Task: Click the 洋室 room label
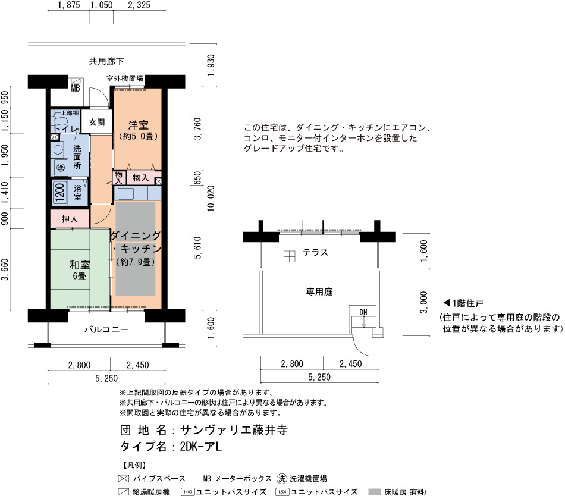139,125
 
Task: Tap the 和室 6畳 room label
80,270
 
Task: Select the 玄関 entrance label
96,122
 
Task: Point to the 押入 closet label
70,219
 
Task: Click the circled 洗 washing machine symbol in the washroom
61,168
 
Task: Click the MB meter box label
76,88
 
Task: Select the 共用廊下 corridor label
106,61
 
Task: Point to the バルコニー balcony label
106,329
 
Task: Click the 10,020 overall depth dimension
211,198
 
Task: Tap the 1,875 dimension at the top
68,5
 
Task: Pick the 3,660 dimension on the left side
5,269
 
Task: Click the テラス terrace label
315,253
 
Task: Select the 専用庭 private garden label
319,291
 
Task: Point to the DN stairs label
363,312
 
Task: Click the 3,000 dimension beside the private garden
424,303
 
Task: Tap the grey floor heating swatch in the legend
374,492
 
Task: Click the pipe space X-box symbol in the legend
124,479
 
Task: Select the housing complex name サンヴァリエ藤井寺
234,430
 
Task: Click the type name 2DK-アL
200,447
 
